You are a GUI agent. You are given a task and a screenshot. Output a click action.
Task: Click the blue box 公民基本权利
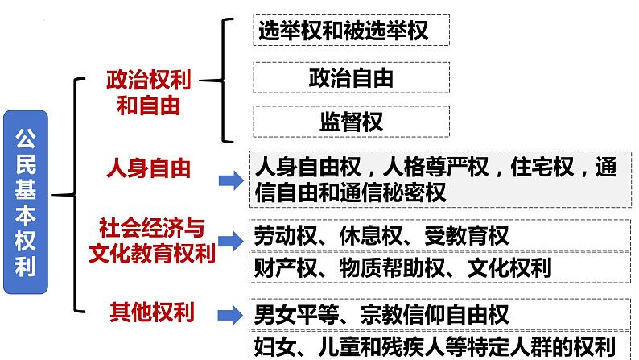click(x=26, y=202)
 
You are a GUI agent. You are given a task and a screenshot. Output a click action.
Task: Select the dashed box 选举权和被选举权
click(x=351, y=30)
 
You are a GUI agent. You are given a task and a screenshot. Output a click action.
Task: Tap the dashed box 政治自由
click(x=351, y=77)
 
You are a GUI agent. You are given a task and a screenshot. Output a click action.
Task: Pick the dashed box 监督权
click(x=351, y=122)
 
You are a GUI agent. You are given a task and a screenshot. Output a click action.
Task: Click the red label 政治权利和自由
click(x=148, y=93)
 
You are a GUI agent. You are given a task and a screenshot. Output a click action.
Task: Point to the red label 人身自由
click(x=149, y=168)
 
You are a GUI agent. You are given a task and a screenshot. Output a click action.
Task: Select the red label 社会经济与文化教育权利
click(x=151, y=241)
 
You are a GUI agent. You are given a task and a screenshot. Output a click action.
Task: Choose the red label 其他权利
click(x=152, y=312)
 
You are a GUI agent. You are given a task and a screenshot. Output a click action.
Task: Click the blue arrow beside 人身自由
click(x=231, y=180)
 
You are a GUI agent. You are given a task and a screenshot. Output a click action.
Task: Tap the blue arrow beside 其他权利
click(x=231, y=315)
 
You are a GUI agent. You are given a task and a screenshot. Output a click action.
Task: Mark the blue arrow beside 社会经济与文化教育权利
click(x=231, y=241)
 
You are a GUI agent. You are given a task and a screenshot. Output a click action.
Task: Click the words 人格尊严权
click(x=435, y=167)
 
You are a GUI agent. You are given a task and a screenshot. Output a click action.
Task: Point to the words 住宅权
click(x=542, y=167)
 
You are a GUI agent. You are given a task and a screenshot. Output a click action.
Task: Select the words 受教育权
click(x=467, y=236)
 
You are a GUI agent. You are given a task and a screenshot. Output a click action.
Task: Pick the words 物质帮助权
click(x=392, y=267)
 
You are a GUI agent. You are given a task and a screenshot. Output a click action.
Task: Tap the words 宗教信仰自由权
click(x=435, y=314)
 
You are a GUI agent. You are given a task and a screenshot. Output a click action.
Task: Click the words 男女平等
click(x=296, y=314)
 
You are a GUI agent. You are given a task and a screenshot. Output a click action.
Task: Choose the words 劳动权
click(x=286, y=236)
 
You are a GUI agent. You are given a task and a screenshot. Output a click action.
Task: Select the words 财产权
click(x=286, y=267)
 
